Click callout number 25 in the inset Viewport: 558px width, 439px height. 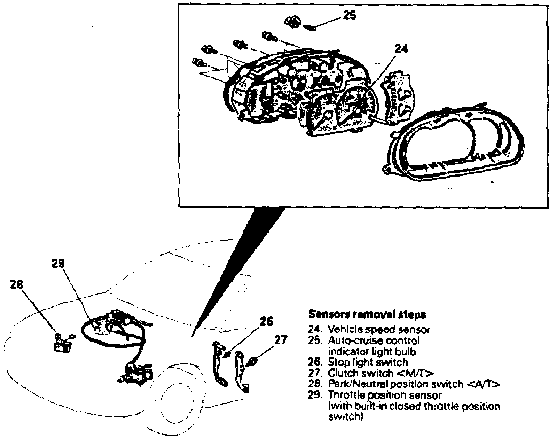pos(349,15)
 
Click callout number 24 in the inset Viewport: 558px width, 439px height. pos(401,49)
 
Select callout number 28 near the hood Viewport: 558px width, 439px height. pos(17,285)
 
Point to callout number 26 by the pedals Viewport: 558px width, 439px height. pos(266,322)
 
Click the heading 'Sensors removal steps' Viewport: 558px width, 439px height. pos(366,313)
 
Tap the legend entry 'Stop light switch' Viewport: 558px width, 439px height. pos(367,362)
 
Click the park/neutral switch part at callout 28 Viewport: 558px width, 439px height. pos(62,346)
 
